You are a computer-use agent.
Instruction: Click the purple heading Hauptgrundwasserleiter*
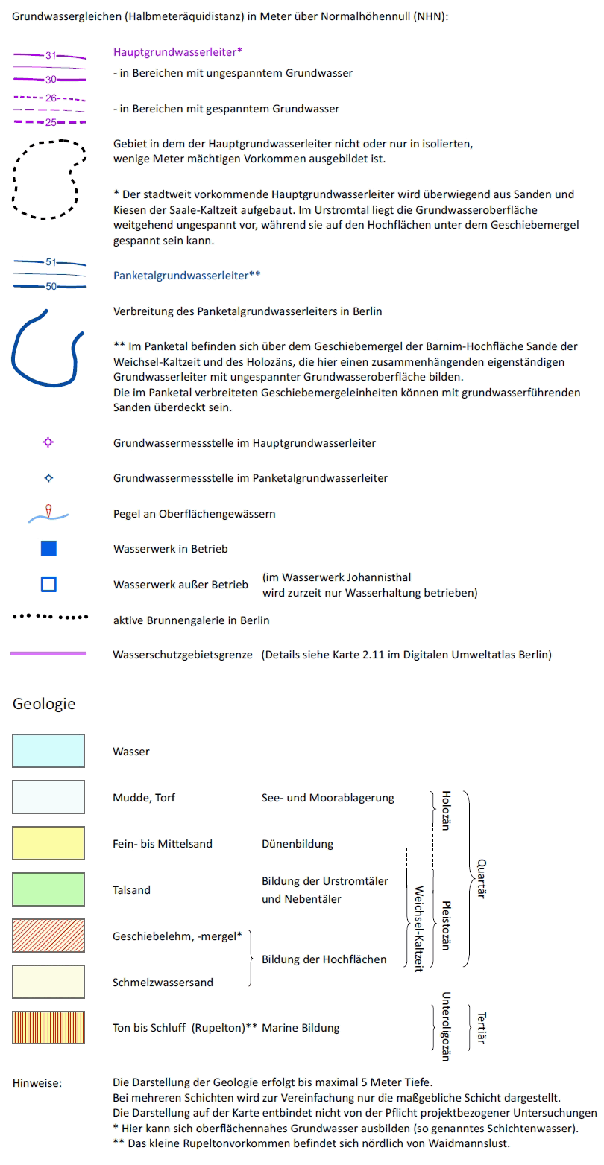click(178, 52)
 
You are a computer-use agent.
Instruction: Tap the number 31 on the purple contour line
click(51, 55)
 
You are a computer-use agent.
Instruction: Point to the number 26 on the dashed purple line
click(51, 98)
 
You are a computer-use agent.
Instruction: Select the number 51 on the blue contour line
click(51, 261)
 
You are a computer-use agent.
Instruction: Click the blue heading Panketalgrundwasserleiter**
click(187, 275)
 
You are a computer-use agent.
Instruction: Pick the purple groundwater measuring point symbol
click(48, 442)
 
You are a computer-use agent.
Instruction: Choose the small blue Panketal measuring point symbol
click(48, 477)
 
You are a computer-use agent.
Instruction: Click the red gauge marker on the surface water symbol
click(48, 510)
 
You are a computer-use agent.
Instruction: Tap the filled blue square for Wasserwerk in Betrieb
click(48, 549)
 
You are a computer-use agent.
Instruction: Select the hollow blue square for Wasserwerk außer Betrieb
click(48, 584)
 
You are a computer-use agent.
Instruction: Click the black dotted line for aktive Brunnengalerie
click(49, 618)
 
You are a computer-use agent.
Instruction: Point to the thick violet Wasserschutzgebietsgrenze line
click(48, 653)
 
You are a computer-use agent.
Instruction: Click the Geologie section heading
click(44, 703)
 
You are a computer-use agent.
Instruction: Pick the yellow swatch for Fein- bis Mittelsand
click(48, 843)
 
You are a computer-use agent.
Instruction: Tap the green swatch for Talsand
click(48, 889)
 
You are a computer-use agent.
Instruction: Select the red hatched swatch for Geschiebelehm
click(48, 936)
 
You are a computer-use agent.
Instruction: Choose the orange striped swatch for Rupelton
click(48, 1027)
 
